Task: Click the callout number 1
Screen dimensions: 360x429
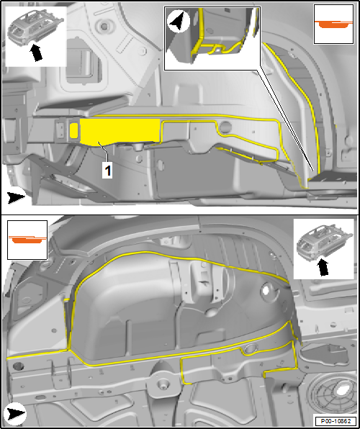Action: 108,171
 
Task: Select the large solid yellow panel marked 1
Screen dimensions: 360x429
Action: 120,131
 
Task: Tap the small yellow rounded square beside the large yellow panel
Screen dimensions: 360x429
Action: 73,130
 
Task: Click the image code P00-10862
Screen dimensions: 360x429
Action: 336,421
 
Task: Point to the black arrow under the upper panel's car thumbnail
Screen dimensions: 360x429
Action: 36,53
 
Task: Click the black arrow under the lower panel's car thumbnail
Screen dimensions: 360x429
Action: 323,267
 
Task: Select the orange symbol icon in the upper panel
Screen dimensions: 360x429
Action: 333,24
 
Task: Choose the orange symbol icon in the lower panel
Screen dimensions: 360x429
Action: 27,240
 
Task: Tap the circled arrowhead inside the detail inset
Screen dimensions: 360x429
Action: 179,22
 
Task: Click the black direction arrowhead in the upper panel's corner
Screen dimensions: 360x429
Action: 16,198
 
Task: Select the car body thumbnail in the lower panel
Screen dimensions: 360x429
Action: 324,242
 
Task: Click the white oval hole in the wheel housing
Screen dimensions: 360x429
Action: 266,291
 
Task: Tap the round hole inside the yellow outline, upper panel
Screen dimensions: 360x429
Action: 225,127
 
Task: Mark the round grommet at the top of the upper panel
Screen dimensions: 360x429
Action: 104,27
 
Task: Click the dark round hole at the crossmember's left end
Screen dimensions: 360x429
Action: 18,366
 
